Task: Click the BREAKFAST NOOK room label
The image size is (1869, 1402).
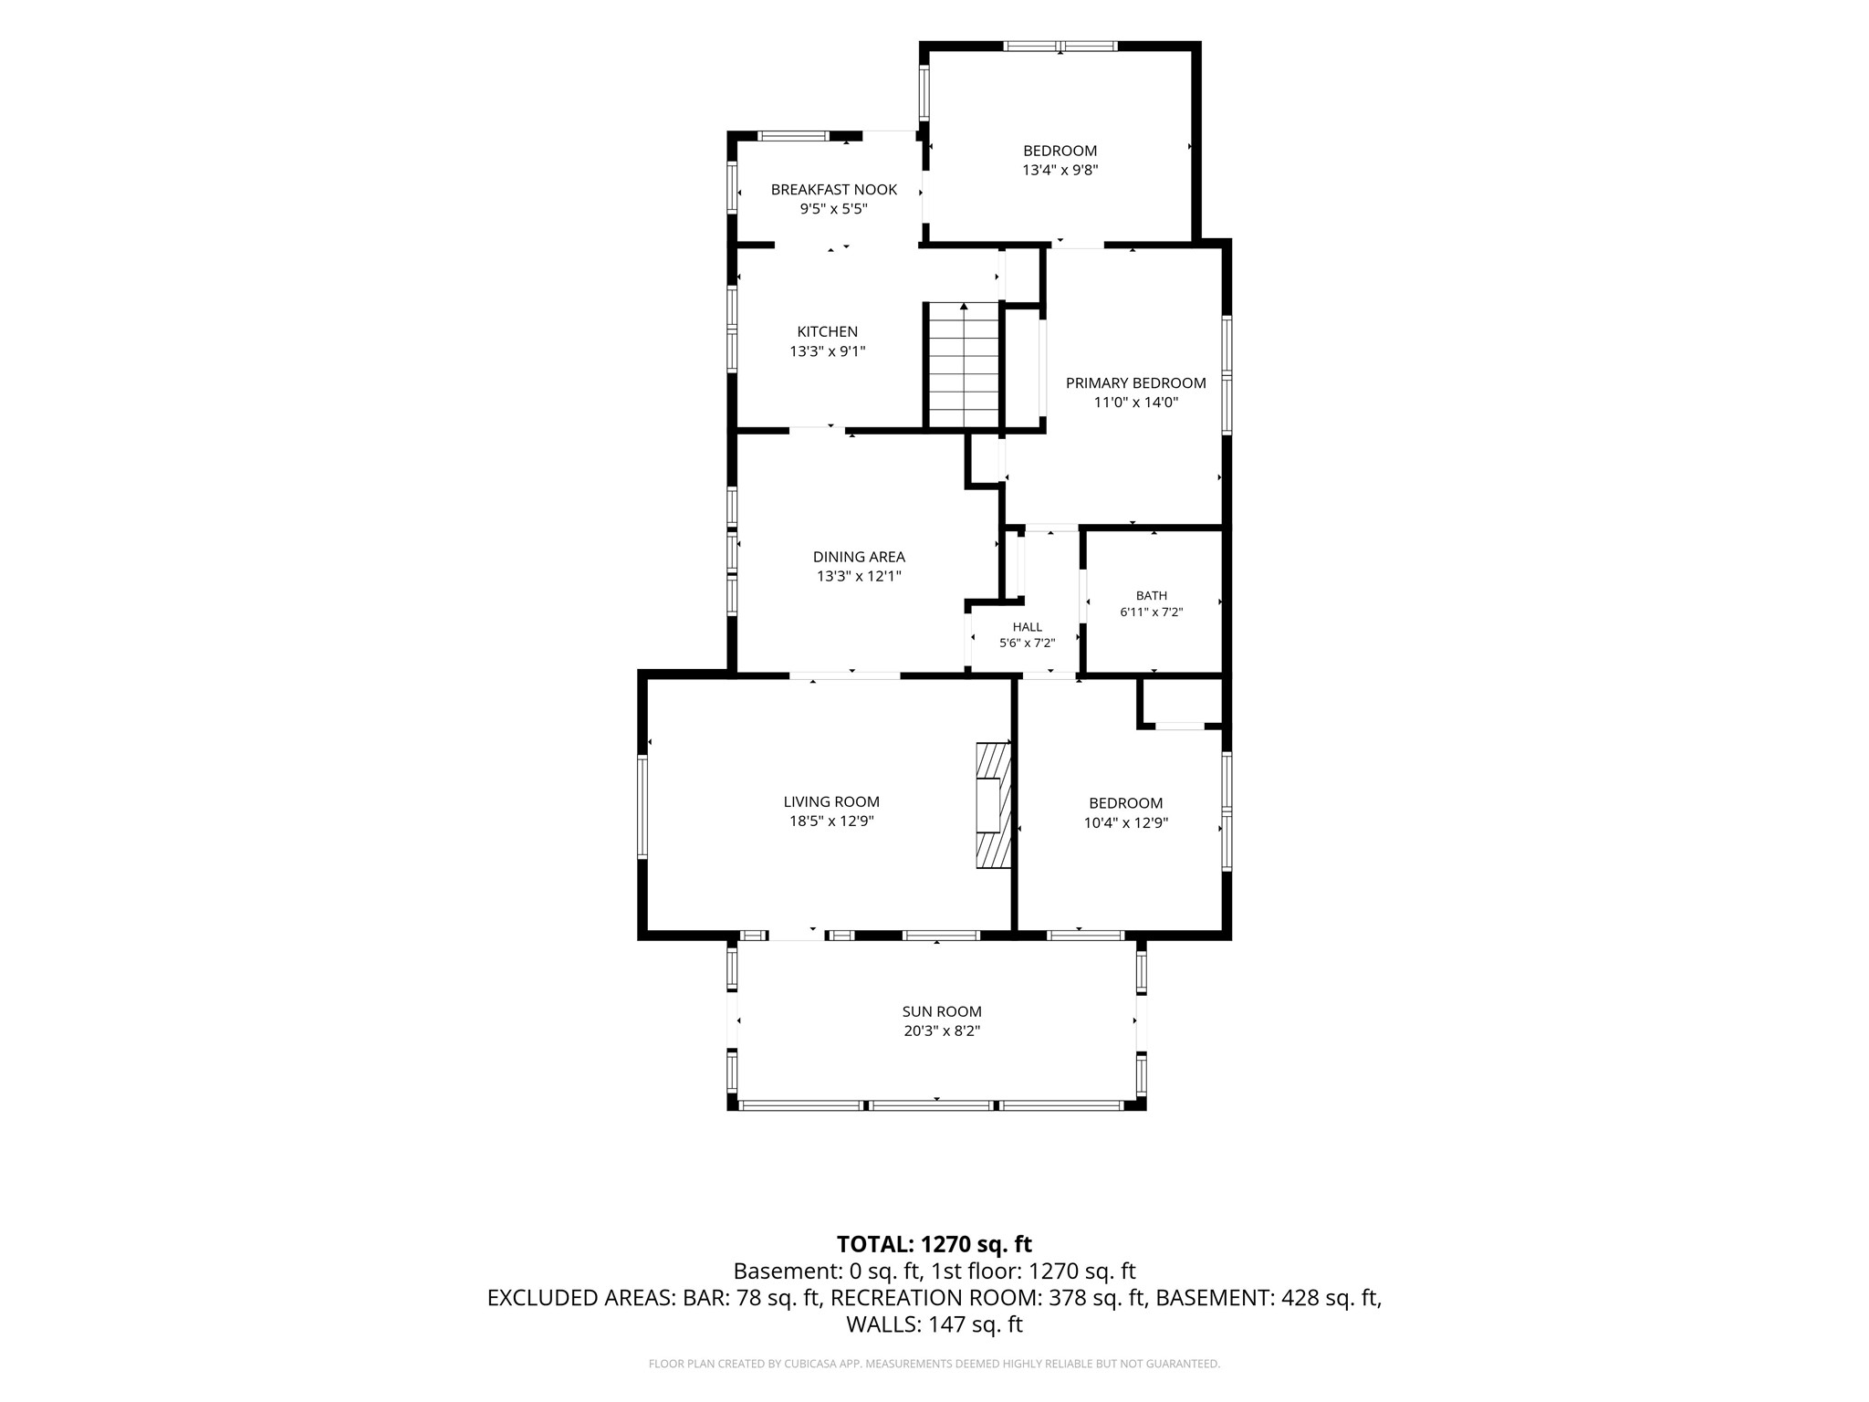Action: click(833, 190)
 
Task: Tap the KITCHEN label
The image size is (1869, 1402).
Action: click(828, 332)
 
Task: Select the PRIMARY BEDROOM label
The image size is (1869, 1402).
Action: click(1136, 383)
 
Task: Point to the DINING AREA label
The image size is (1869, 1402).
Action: click(859, 557)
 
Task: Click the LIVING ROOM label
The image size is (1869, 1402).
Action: click(831, 802)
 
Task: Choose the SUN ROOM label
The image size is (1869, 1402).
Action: click(942, 1011)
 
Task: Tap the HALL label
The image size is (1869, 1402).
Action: click(1028, 627)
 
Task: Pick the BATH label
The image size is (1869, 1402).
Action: click(1152, 596)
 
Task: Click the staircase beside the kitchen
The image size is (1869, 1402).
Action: click(965, 365)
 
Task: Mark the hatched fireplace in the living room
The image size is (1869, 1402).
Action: click(994, 805)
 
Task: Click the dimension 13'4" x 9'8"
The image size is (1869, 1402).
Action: click(1060, 170)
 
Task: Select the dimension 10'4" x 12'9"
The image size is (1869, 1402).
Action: click(1125, 822)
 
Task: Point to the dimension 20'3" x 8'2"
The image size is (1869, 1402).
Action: click(942, 1031)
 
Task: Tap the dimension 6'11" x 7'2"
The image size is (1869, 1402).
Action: click(1152, 612)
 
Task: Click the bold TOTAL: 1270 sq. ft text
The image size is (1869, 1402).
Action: click(934, 1244)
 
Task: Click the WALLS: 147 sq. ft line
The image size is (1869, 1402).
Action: click(934, 1324)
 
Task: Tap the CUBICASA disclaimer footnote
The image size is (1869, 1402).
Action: click(934, 1364)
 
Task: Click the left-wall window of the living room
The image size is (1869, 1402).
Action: click(642, 806)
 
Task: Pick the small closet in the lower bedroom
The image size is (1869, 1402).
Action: click(1180, 702)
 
